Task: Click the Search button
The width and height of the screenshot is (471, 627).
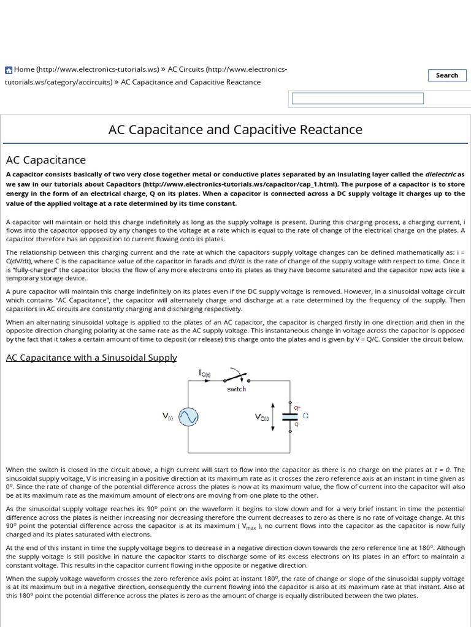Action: (x=446, y=75)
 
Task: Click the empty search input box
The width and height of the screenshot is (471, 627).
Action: (x=358, y=99)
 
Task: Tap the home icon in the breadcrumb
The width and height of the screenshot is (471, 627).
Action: (x=9, y=70)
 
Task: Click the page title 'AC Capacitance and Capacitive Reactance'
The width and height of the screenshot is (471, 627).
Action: (x=235, y=130)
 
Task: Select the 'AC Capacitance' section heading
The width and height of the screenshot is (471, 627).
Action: (x=46, y=160)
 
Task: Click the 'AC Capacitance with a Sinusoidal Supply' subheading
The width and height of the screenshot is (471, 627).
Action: (x=91, y=357)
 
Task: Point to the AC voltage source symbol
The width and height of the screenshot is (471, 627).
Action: (x=188, y=417)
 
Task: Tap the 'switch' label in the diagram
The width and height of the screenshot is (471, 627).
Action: (x=236, y=389)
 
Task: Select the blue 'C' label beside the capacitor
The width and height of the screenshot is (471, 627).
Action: (x=305, y=415)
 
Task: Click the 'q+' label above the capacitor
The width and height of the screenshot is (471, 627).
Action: (x=297, y=407)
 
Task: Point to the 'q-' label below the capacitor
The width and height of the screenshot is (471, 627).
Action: (x=297, y=424)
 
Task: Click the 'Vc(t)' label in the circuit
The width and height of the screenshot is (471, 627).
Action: (x=262, y=417)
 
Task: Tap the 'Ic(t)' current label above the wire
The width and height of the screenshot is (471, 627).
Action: (x=204, y=372)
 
